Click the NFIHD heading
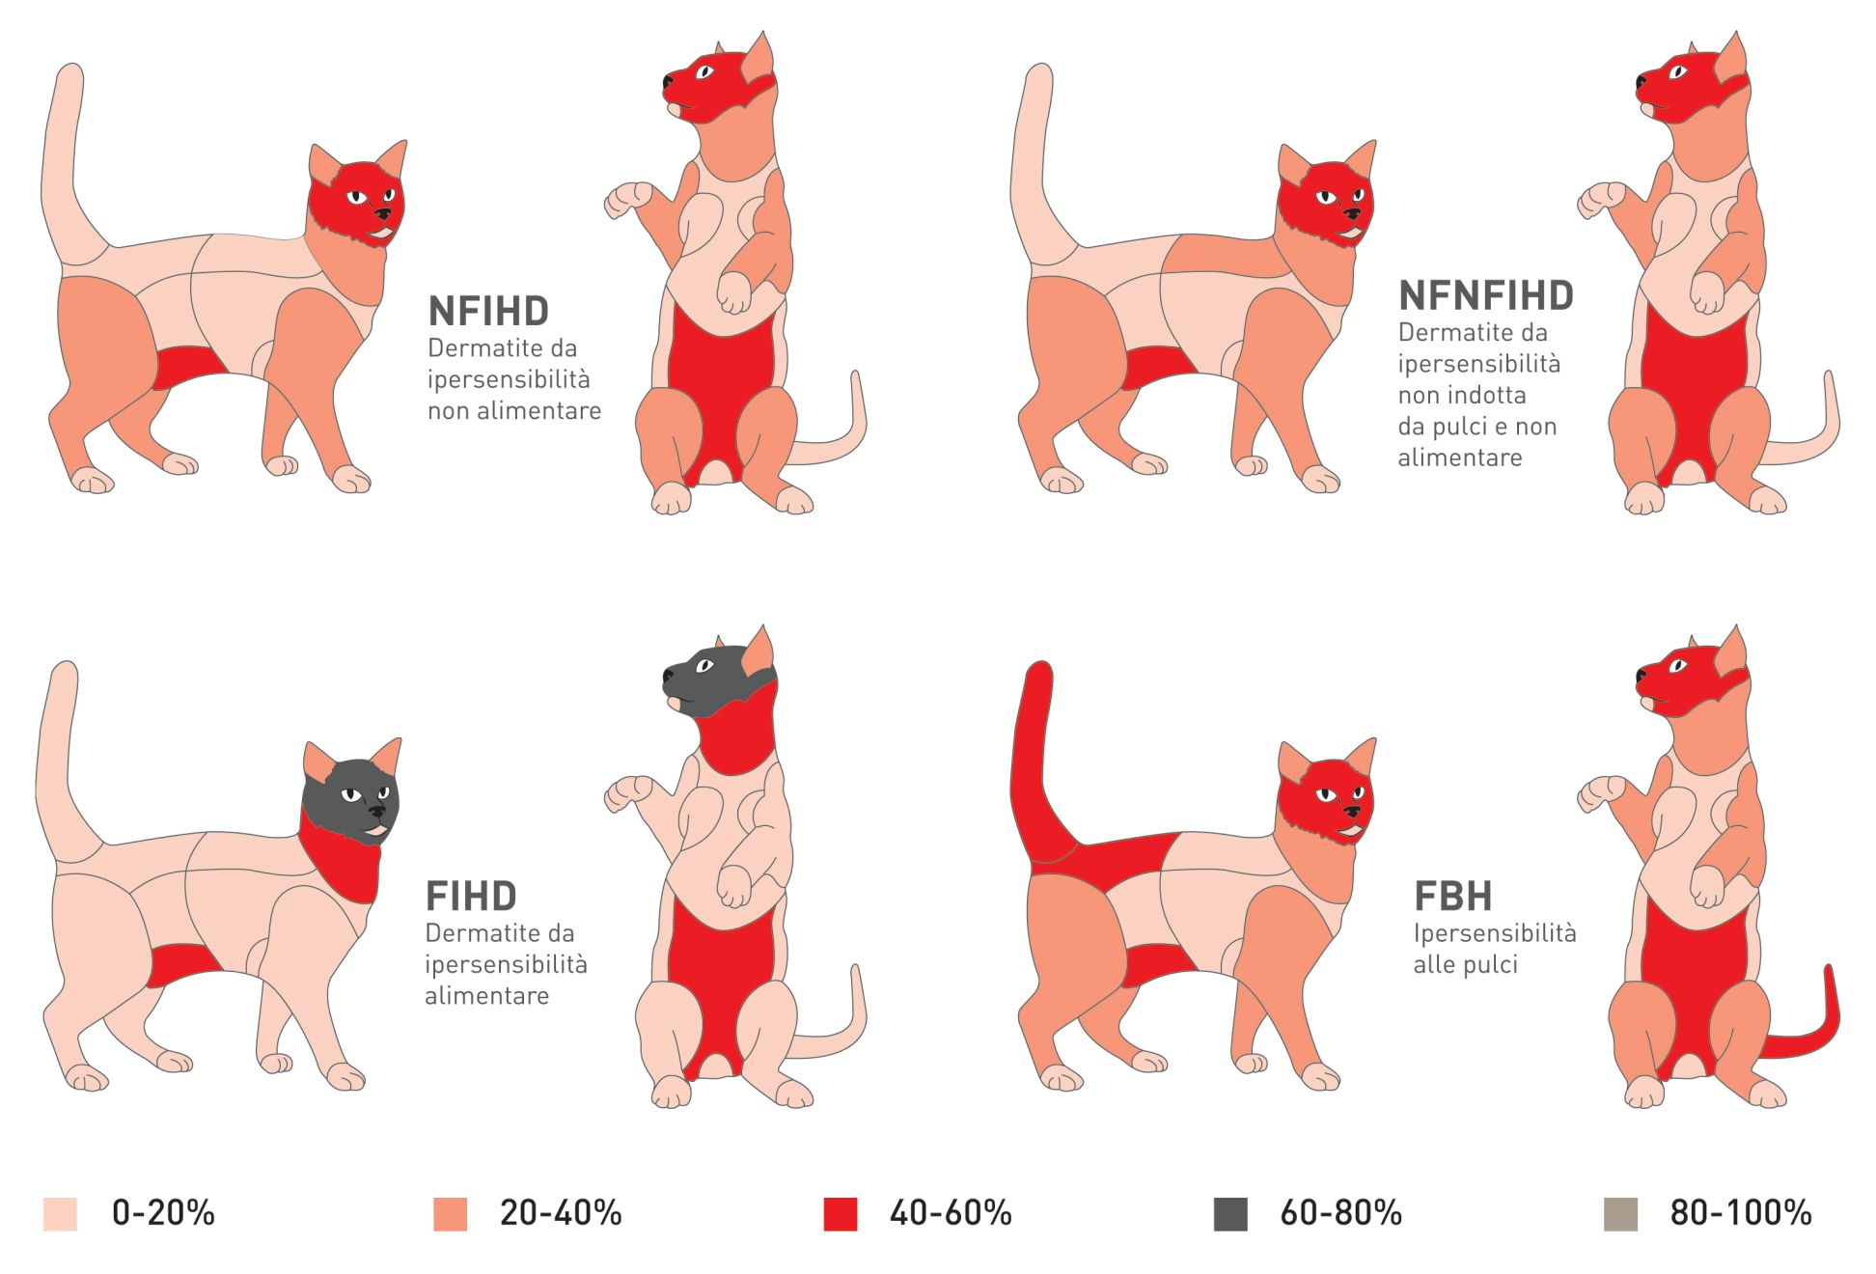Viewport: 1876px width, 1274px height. pos(488,312)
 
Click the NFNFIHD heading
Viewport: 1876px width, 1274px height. pos(1486,295)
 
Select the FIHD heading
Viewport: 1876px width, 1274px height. pos(471,897)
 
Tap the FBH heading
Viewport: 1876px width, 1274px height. pos(1452,897)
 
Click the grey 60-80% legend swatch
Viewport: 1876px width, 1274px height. pos(1230,1214)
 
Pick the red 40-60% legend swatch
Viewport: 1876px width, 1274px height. pos(840,1214)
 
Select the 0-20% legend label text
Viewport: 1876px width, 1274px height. pos(163,1213)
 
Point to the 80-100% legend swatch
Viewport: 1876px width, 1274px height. pos(1620,1214)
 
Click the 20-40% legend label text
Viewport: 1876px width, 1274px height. pos(561,1213)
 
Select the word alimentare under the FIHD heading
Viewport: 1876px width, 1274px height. pos(486,996)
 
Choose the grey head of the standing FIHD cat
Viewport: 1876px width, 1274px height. pos(709,676)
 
